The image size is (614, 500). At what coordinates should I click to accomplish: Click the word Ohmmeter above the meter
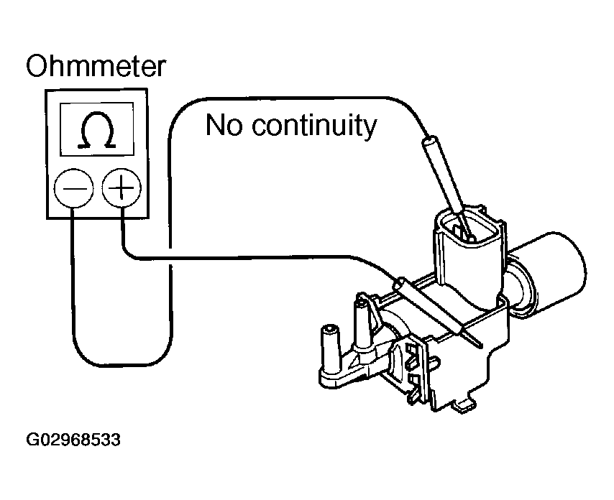tap(96, 67)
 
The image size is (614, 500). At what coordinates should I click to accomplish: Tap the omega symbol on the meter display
tap(98, 131)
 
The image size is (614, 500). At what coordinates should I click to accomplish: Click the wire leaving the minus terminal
tap(74, 287)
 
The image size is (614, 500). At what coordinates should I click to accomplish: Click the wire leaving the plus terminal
tap(216, 256)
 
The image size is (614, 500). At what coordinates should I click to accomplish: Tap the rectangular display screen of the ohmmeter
tap(98, 129)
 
